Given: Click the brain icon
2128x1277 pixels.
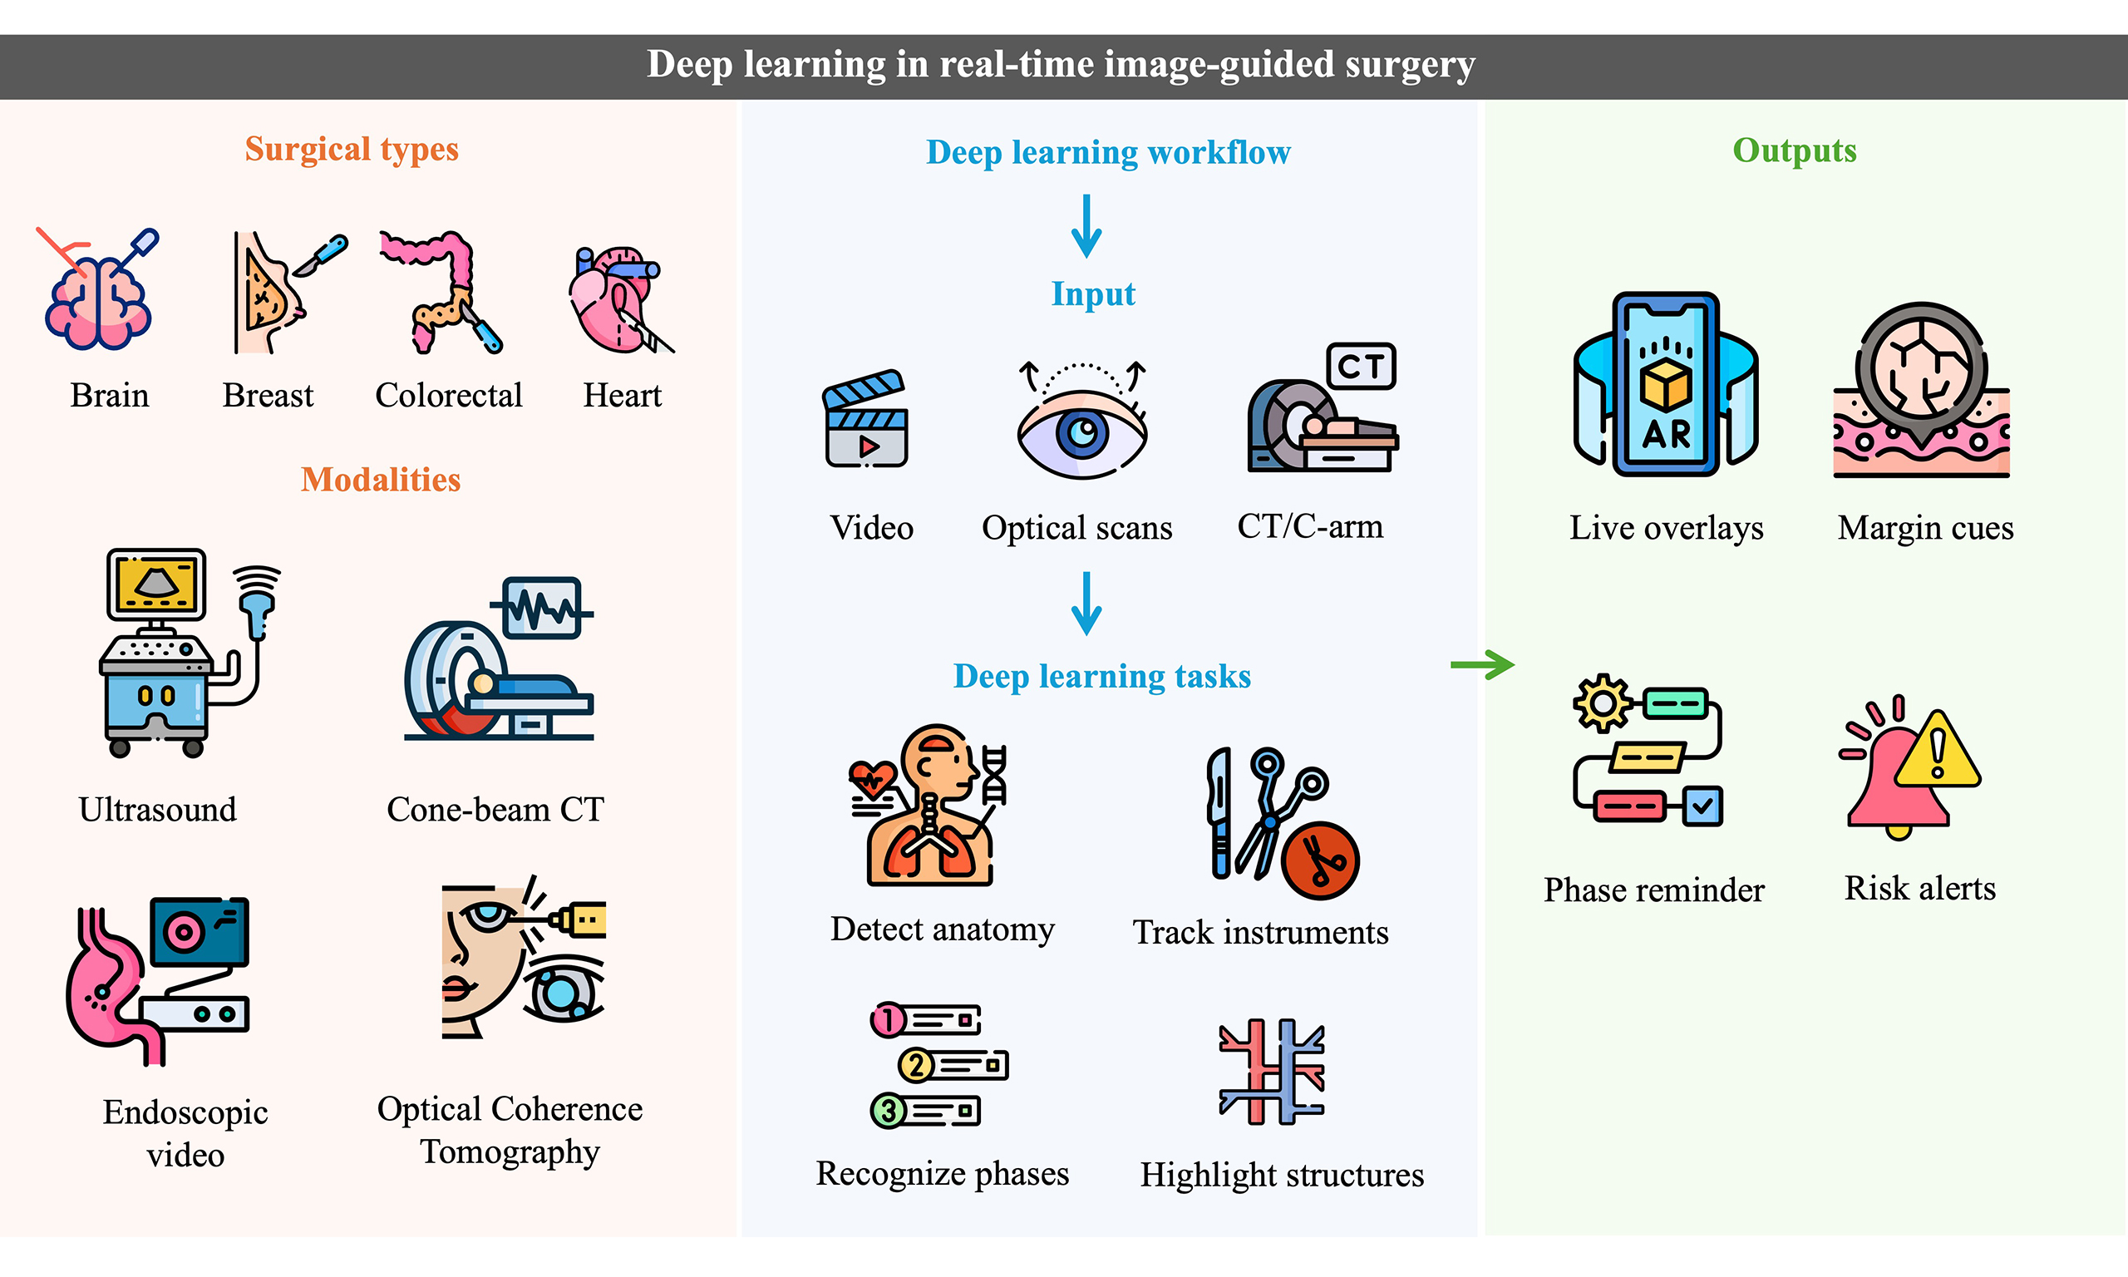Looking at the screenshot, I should point(98,297).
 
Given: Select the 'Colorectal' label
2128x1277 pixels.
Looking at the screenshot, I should point(448,395).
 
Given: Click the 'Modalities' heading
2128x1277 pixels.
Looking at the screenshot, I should point(380,480).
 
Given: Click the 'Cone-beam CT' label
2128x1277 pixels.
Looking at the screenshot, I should point(495,809).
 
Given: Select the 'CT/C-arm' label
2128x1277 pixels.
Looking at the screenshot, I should point(1310,525).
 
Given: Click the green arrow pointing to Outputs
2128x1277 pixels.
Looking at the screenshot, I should point(1482,664).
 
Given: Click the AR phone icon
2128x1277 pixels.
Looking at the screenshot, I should point(1665,384).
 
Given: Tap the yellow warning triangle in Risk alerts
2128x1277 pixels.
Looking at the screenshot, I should point(1938,752).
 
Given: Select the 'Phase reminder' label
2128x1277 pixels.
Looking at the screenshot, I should point(1653,889).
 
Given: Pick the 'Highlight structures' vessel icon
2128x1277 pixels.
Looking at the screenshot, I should point(1272,1072).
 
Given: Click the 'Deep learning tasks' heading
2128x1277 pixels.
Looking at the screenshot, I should point(1102,677).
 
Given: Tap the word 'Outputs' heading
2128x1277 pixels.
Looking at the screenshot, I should point(1795,150).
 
